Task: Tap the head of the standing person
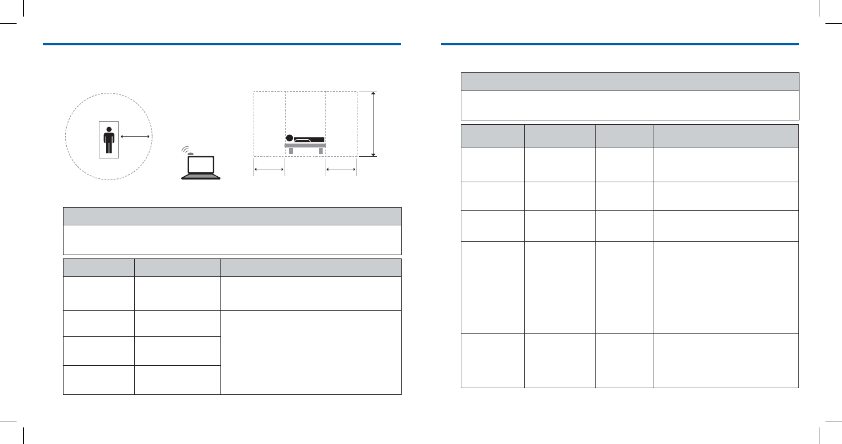pos(109,130)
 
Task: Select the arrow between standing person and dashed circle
pos(135,135)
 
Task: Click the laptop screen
pos(201,165)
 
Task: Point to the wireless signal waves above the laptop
pos(187,150)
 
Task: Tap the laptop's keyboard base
pos(201,177)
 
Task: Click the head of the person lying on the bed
pos(289,138)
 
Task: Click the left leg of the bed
pos(291,151)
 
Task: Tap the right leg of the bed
pos(320,151)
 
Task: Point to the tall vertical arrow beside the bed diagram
pos(374,124)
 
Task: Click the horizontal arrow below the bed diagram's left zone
pos(269,170)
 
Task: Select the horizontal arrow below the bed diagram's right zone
pos(341,170)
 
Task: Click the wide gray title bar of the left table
pos(232,216)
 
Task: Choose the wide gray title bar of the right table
pos(630,81)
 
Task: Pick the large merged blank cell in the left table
pos(311,352)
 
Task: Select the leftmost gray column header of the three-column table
pos(99,267)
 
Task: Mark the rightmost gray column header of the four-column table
pos(725,135)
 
